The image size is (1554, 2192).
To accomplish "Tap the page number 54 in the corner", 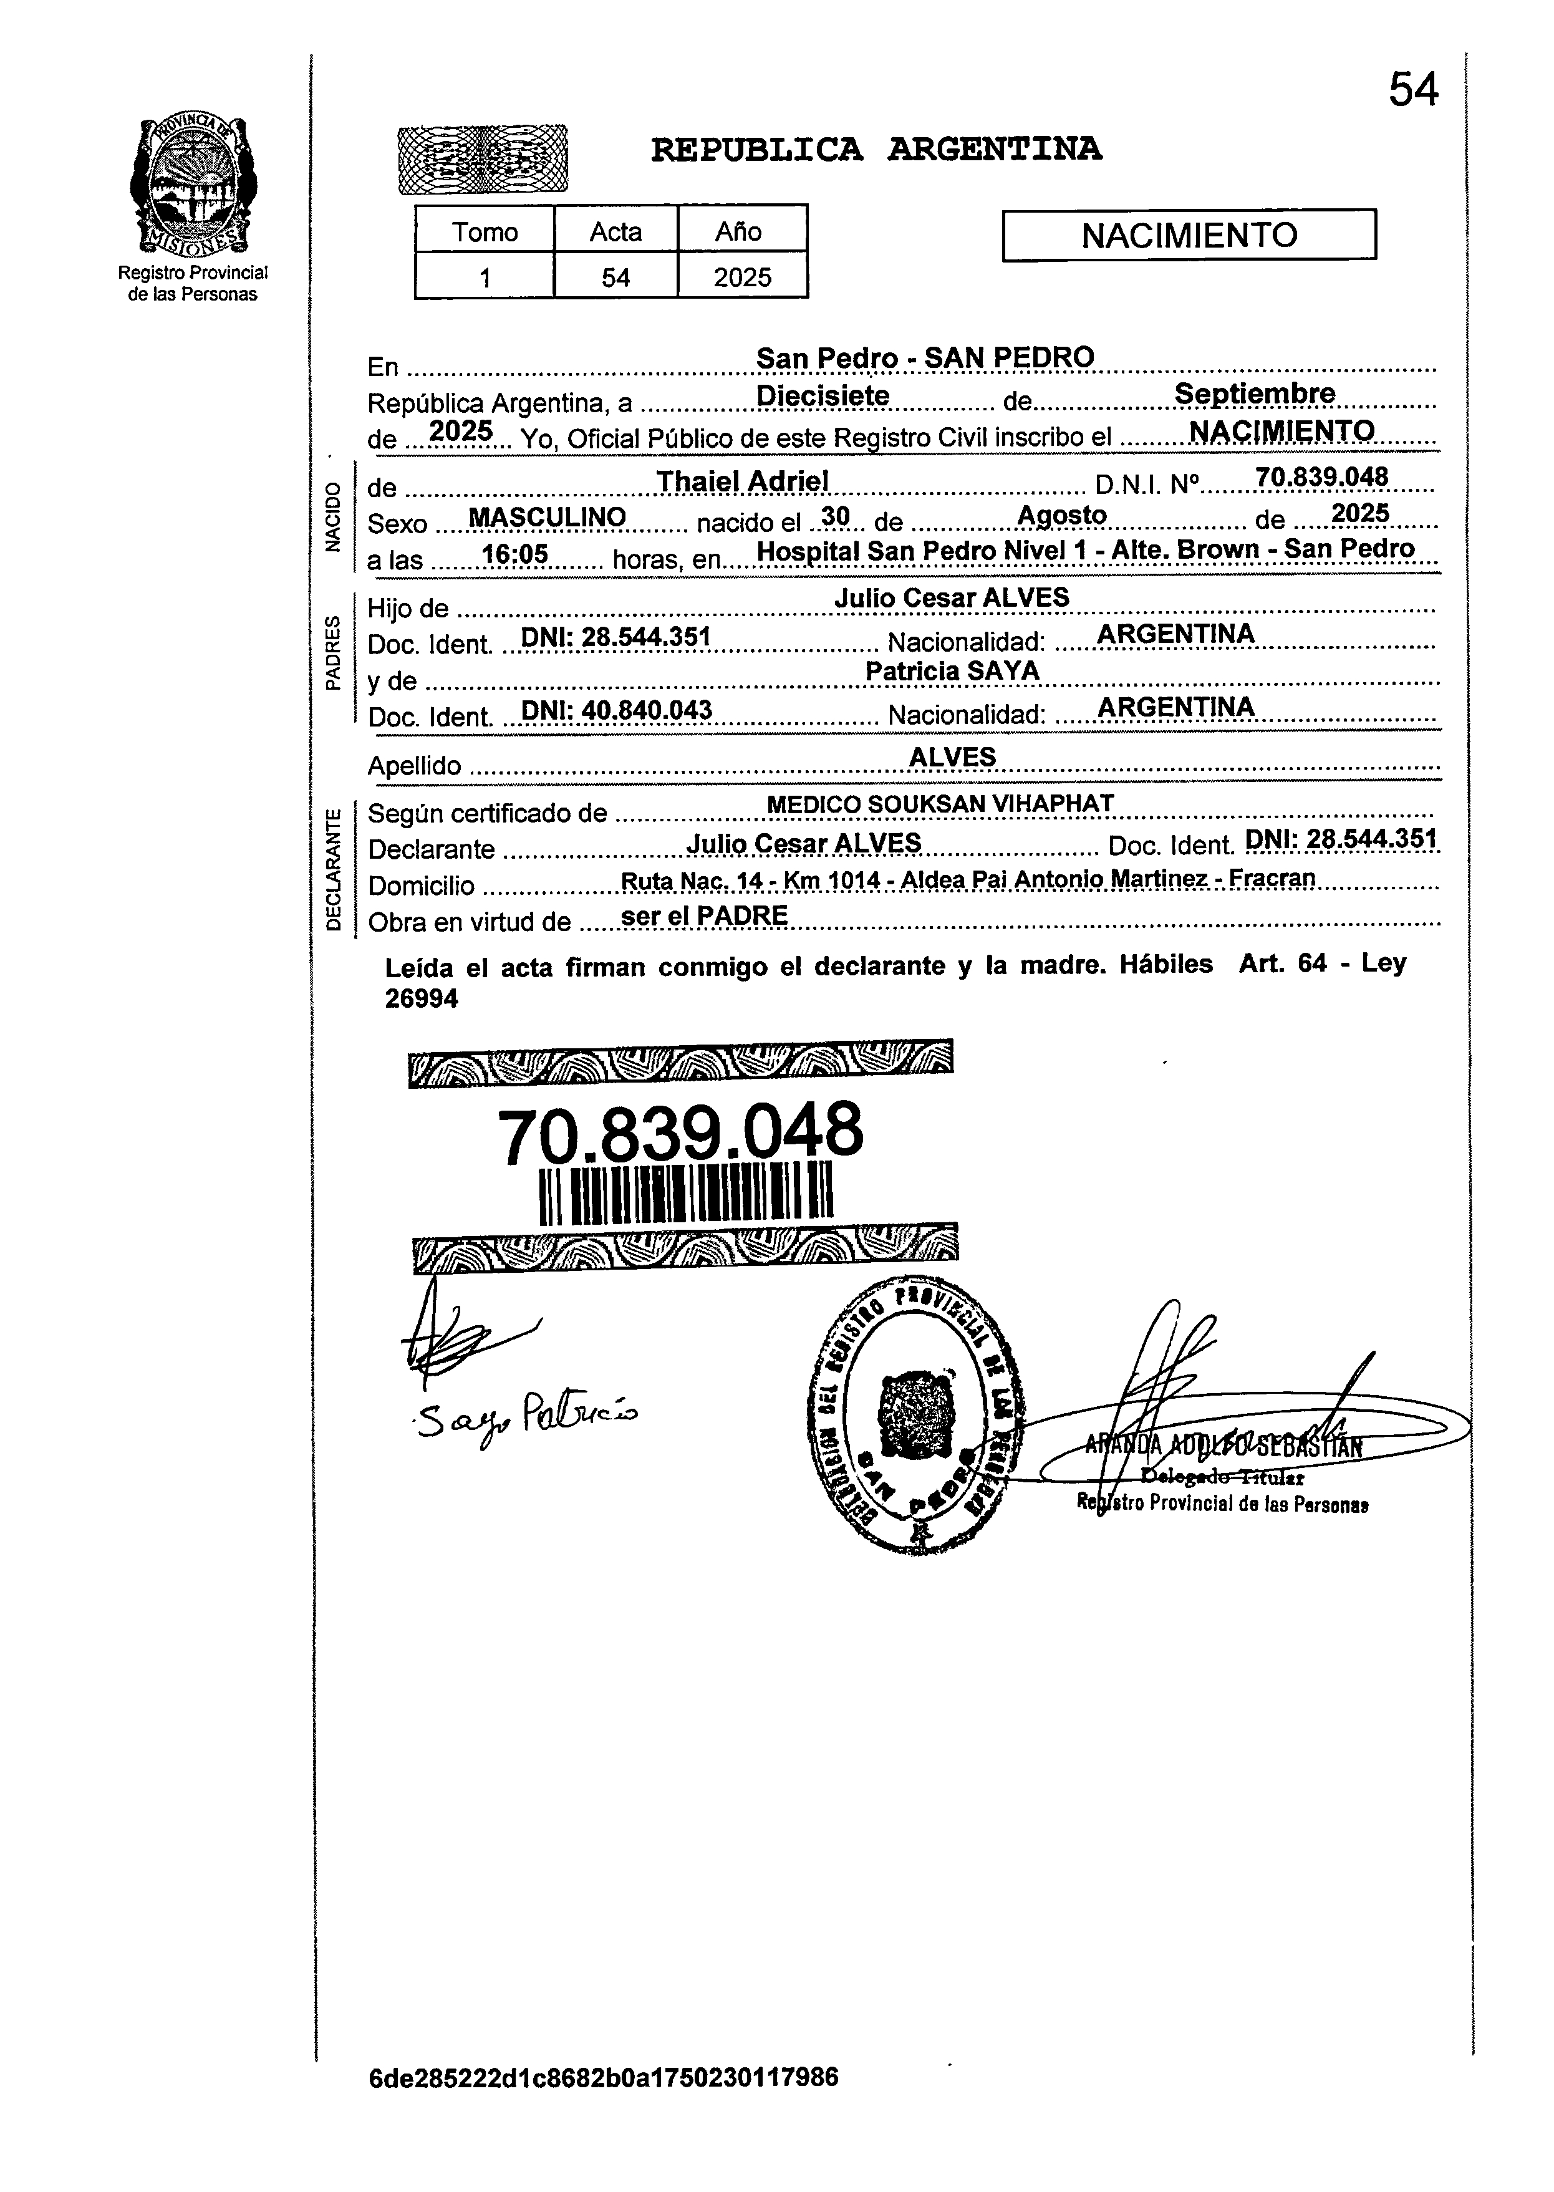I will pyautogui.click(x=1412, y=91).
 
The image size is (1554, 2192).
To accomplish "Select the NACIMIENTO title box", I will pyautogui.click(x=1189, y=234).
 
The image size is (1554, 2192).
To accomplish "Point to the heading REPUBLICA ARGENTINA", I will pyautogui.click(x=876, y=149).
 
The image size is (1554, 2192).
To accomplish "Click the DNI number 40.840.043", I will pyautogui.click(x=615, y=710).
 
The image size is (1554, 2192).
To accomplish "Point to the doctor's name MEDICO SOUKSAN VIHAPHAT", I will pyautogui.click(x=940, y=804).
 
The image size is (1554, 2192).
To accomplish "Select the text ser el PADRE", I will pyautogui.click(x=703, y=915).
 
